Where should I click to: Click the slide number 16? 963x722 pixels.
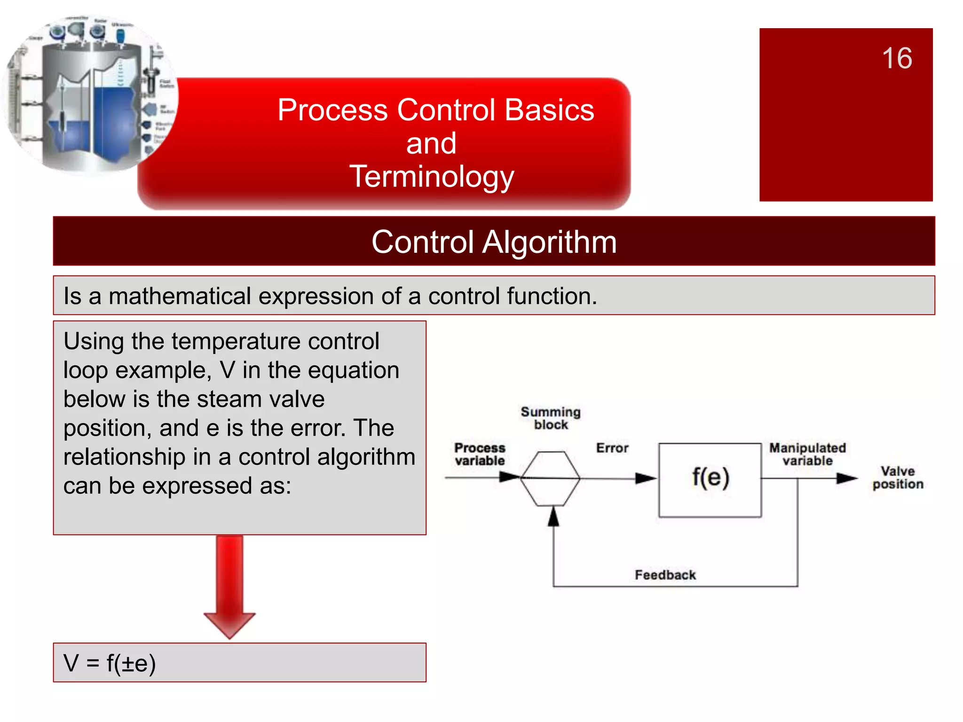coord(897,58)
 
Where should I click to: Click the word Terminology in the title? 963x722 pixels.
coord(432,177)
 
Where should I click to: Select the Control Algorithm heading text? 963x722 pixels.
coord(494,242)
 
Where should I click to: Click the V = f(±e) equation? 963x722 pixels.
coord(110,663)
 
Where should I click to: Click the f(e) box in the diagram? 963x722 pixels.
coord(710,479)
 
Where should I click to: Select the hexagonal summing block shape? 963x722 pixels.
coord(550,479)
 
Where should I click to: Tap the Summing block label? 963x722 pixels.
coord(551,418)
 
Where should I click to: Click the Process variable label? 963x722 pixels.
coord(480,454)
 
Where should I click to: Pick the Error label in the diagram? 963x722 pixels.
coord(612,448)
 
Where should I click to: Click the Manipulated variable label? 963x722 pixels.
coord(807,454)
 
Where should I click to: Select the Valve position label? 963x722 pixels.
coord(898,478)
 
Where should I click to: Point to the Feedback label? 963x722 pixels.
coord(665,575)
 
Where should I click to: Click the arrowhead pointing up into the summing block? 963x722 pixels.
coord(554,516)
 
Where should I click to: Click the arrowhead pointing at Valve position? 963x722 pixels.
coord(847,479)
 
